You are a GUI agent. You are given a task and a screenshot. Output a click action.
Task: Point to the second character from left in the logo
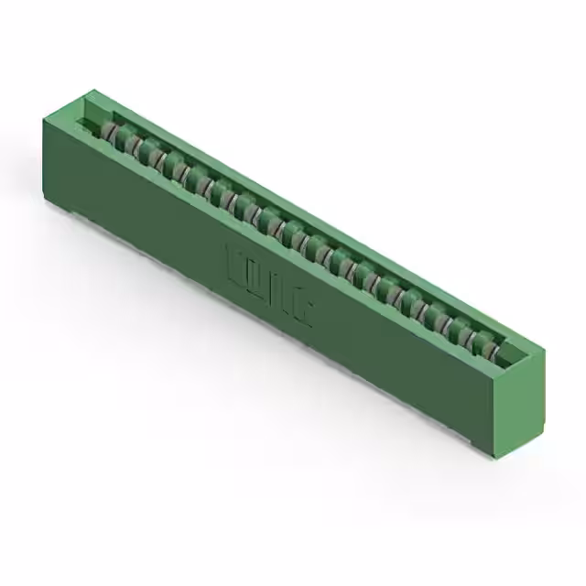[255, 277]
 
